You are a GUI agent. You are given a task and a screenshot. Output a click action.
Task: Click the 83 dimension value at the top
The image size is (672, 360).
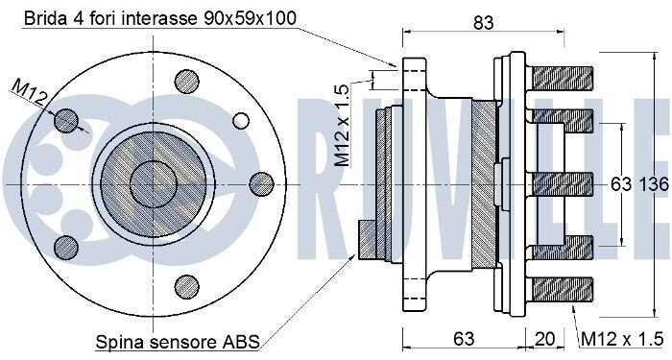[x=484, y=22]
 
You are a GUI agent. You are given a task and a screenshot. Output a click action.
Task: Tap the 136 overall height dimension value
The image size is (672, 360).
[x=654, y=184]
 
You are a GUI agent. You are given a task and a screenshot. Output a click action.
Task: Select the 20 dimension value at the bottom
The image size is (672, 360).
[x=544, y=339]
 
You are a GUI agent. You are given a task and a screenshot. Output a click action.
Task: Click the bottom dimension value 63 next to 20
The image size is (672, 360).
[x=464, y=339]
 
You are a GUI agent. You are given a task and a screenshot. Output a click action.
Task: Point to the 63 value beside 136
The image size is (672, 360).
[x=621, y=184]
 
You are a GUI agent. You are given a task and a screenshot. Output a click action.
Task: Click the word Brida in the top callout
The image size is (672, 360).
[x=44, y=18]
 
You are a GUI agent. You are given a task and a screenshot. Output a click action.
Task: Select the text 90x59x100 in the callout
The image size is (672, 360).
[x=251, y=18]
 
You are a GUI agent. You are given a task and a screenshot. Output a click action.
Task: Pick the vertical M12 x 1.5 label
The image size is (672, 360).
[x=342, y=125]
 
